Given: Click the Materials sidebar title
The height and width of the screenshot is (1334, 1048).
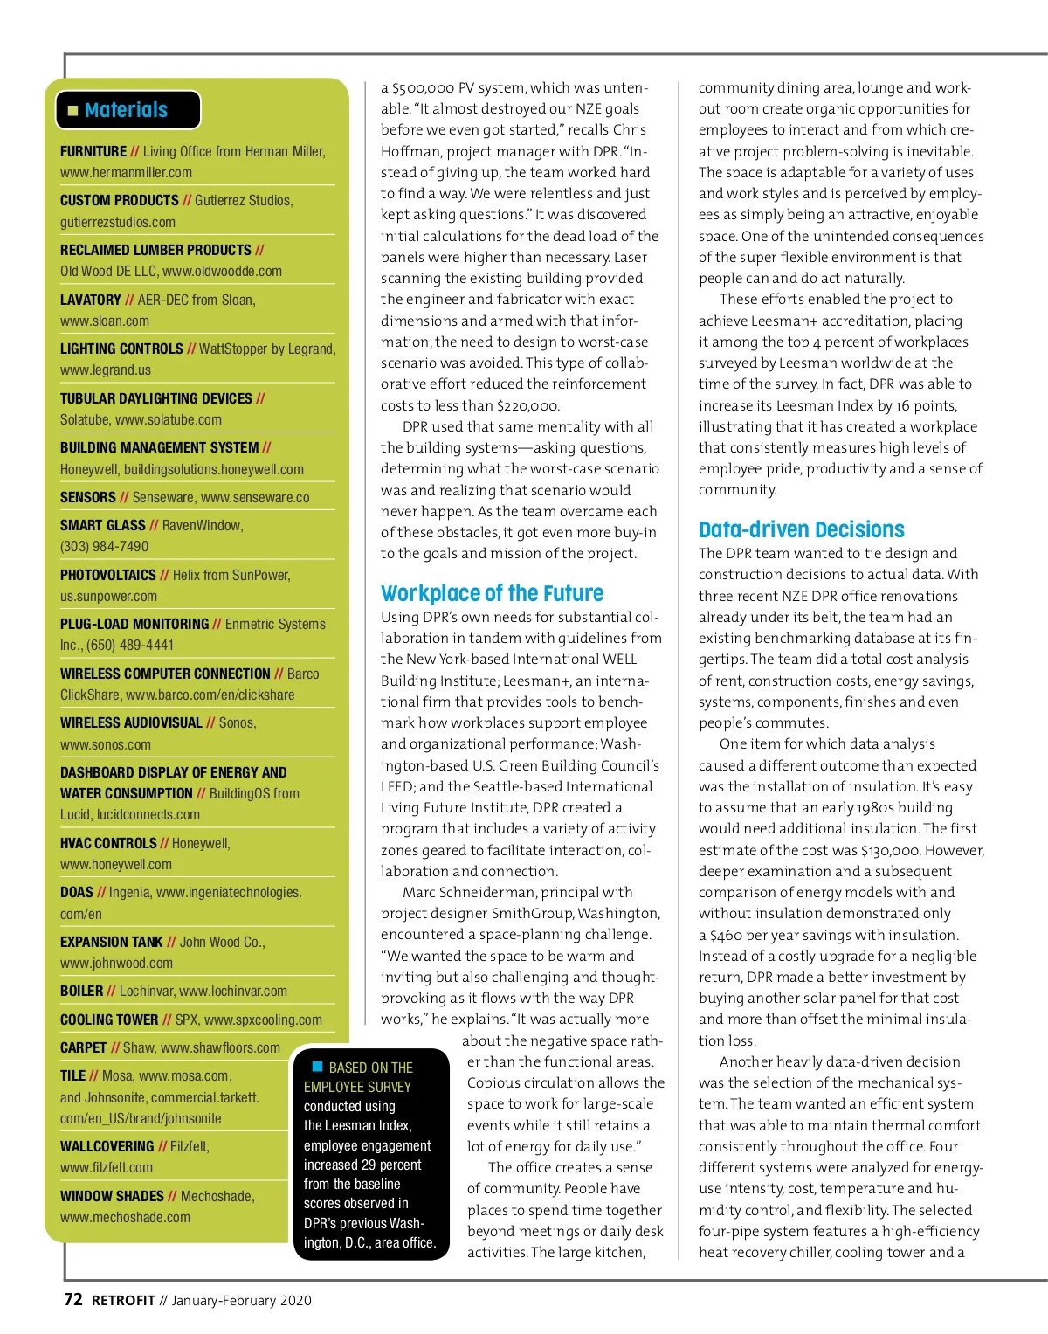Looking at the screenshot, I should click(126, 110).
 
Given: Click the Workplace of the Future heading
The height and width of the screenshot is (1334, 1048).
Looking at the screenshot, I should click(492, 594).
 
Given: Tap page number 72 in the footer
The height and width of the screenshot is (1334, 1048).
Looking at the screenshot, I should click(73, 1300).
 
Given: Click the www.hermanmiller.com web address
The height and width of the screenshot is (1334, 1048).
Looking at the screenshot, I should click(126, 173).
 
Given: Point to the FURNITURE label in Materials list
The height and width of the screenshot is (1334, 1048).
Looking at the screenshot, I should click(93, 152).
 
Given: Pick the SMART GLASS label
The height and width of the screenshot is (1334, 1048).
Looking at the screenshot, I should click(102, 525).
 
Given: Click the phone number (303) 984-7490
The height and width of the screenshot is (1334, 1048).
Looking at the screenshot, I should click(104, 547).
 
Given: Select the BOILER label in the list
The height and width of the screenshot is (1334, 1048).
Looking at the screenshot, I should click(81, 991).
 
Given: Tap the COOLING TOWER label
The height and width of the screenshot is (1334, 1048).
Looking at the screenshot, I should click(109, 1020).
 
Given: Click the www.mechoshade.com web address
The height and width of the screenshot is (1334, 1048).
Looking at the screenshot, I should click(125, 1217).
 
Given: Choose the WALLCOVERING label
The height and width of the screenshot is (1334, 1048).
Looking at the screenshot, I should click(107, 1146).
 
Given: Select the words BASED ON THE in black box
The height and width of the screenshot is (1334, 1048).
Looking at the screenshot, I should click(370, 1068).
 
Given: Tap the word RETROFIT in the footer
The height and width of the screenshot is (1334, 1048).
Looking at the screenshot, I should click(123, 1301).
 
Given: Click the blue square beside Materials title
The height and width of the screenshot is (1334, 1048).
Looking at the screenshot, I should click(73, 111).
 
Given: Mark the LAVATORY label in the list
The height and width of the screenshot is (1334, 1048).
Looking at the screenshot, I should click(90, 300).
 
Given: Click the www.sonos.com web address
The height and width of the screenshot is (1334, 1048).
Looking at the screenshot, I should click(105, 745).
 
